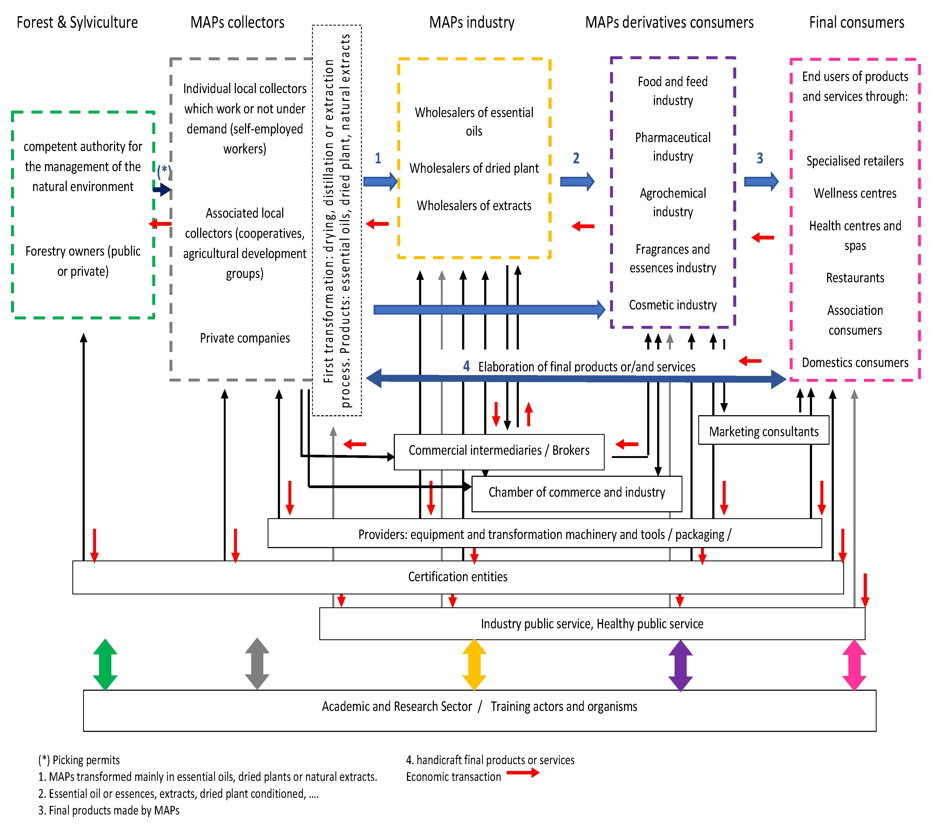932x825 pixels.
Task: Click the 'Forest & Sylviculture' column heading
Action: [x=77, y=22]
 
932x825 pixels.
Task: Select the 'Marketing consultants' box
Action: [x=763, y=431]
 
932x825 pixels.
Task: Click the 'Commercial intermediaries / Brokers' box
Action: [x=499, y=451]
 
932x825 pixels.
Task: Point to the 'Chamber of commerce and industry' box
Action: [x=576, y=492]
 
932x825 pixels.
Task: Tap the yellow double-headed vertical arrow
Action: [x=474, y=664]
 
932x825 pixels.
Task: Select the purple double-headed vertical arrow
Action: [x=680, y=665]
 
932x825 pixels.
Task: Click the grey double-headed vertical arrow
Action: [x=257, y=664]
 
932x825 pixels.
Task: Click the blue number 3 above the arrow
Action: [x=760, y=158]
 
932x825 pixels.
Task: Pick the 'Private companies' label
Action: [x=245, y=338]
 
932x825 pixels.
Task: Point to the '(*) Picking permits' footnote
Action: [x=79, y=760]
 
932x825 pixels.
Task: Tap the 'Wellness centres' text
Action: [x=855, y=193]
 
